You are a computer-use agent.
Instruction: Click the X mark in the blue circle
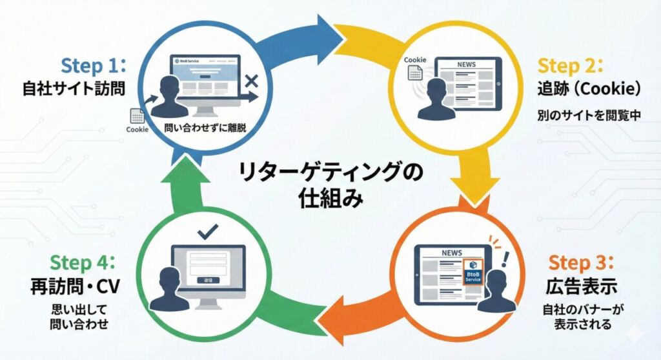[x=252, y=81]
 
